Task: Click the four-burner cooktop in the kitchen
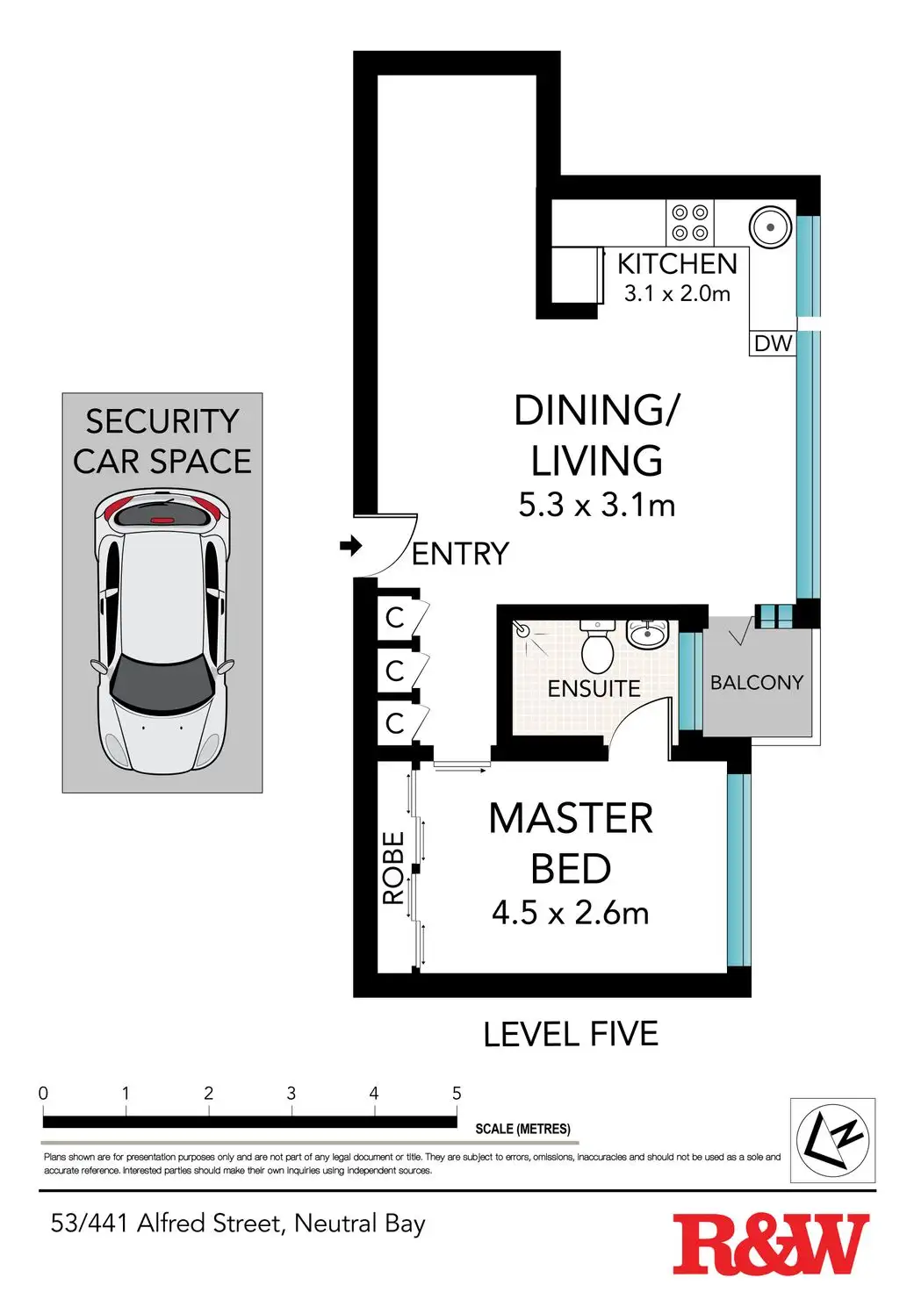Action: pos(689,222)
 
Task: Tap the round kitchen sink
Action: pos(770,226)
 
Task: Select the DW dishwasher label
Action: pos(773,343)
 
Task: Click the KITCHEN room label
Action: pos(677,263)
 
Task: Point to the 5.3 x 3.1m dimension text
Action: pos(596,505)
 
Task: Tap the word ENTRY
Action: pos(460,554)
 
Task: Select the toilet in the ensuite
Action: pos(598,647)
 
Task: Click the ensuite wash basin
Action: pos(647,633)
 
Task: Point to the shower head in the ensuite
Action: pos(522,629)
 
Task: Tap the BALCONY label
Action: pos(756,682)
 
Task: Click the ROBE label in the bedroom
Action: pos(393,868)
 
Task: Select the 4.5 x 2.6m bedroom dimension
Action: pos(570,913)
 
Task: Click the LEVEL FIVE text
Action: pos(570,1034)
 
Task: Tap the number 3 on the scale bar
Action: pos(291,1093)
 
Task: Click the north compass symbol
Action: pos(831,1140)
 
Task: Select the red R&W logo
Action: pos(770,1244)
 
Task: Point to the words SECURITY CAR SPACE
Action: pos(162,441)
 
